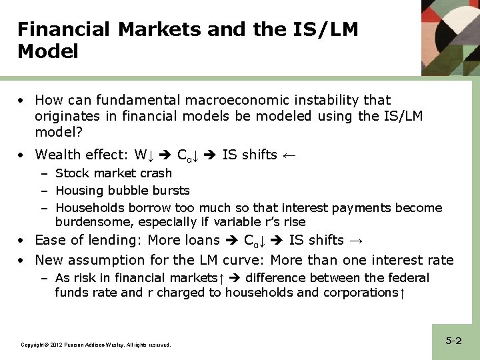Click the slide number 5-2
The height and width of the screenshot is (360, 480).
pyautogui.click(x=453, y=341)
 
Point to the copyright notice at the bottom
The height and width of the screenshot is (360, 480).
pyautogui.click(x=96, y=345)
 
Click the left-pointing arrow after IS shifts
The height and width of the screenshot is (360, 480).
pyautogui.click(x=288, y=155)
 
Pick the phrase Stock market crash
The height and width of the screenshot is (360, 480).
pyautogui.click(x=113, y=173)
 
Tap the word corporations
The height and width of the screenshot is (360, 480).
pyautogui.click(x=358, y=292)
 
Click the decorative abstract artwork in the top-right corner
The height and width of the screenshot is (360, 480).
pyautogui.click(x=450, y=37)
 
